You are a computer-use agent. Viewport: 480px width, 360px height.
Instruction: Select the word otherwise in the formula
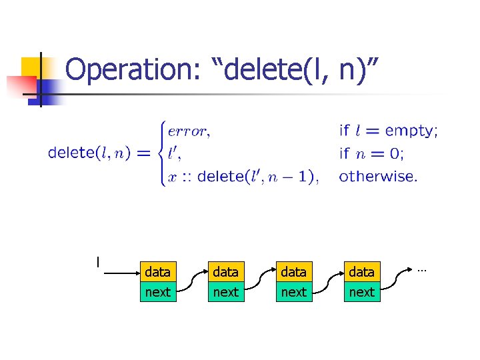pyautogui.click(x=378, y=177)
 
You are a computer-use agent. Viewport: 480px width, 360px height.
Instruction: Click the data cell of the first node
pyautogui.click(x=157, y=272)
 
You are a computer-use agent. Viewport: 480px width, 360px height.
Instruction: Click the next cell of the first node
pyautogui.click(x=157, y=292)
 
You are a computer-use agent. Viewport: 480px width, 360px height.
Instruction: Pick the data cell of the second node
pyautogui.click(x=225, y=272)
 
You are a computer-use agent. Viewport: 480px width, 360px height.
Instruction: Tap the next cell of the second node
pyautogui.click(x=225, y=292)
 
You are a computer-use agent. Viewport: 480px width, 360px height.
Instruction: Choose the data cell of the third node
pyautogui.click(x=293, y=272)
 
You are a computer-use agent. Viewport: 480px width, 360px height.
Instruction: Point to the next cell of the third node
pyautogui.click(x=293, y=292)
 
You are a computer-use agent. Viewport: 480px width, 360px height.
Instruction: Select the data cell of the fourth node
pyautogui.click(x=361, y=272)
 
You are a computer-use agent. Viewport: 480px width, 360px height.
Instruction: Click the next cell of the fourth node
pyautogui.click(x=361, y=292)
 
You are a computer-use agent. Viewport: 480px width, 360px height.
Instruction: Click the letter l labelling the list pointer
pyautogui.click(x=98, y=261)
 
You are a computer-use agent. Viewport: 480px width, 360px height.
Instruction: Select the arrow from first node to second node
pyautogui.click(x=191, y=282)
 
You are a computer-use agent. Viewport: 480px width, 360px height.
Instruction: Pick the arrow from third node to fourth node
pyautogui.click(x=327, y=282)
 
